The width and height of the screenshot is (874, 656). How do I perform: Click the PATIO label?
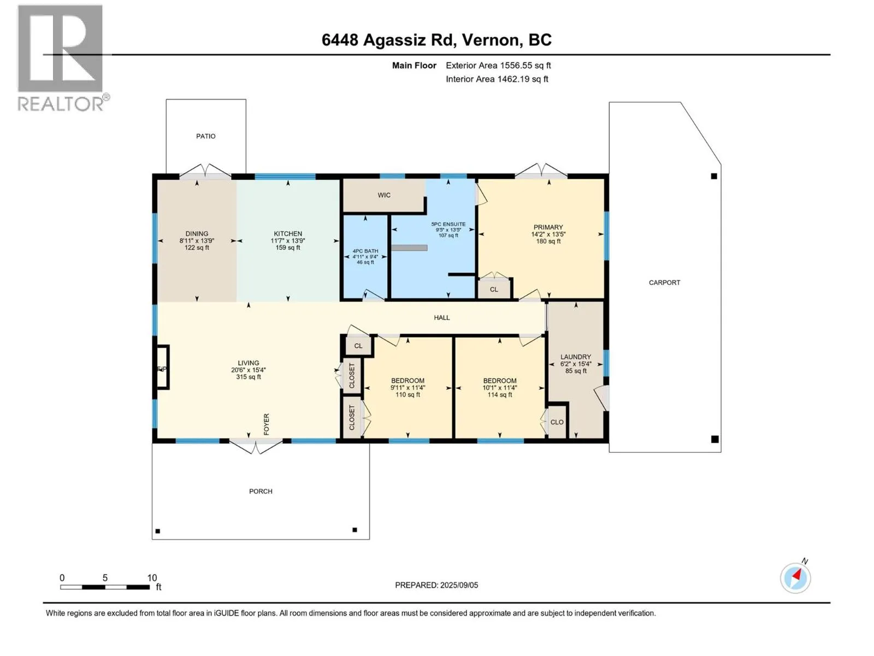pos(205,136)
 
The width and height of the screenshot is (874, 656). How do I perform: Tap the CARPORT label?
pos(664,283)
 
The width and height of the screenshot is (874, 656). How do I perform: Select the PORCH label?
pos(261,491)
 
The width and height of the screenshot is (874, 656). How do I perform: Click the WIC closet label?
pos(384,195)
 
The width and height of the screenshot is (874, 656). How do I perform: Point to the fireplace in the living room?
pos(162,367)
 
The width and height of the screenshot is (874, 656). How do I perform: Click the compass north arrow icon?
pos(795,578)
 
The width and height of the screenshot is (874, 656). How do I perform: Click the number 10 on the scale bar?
pos(152,577)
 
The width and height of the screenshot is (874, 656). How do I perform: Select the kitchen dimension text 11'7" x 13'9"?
pos(287,241)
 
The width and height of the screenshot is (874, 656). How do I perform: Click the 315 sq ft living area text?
pos(248,377)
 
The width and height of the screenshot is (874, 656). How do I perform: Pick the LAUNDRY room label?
pos(575,357)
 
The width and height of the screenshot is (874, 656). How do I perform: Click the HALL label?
pos(441,318)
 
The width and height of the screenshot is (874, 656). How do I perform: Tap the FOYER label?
pos(267,424)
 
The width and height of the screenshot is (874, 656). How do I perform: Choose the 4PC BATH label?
pos(365,251)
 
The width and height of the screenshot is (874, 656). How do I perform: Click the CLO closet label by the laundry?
pos(557,422)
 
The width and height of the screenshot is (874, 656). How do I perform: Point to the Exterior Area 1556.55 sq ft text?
pos(498,65)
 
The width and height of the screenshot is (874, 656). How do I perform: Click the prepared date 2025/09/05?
pos(459,585)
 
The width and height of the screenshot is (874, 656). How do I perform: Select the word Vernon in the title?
pos(493,40)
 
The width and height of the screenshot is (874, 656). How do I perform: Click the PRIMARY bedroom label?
pos(548,227)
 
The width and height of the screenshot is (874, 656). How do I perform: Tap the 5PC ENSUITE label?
pos(448,224)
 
